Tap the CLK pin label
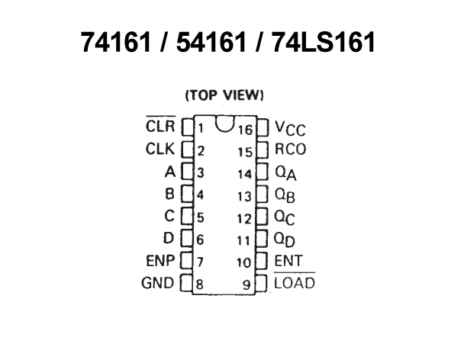(x=160, y=149)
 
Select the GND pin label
(x=158, y=283)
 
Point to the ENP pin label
(x=160, y=261)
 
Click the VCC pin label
(x=290, y=128)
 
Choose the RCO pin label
(x=291, y=149)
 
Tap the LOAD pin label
(x=295, y=281)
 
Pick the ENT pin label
(x=288, y=261)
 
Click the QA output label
(x=285, y=174)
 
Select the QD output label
(x=284, y=239)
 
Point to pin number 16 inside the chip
(x=245, y=130)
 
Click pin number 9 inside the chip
(x=246, y=285)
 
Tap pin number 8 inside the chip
(x=200, y=284)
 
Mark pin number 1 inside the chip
(x=201, y=128)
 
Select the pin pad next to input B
(x=187, y=193)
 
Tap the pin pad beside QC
(x=262, y=217)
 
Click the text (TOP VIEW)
(x=224, y=95)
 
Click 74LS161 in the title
(x=324, y=42)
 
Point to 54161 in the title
(x=211, y=42)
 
